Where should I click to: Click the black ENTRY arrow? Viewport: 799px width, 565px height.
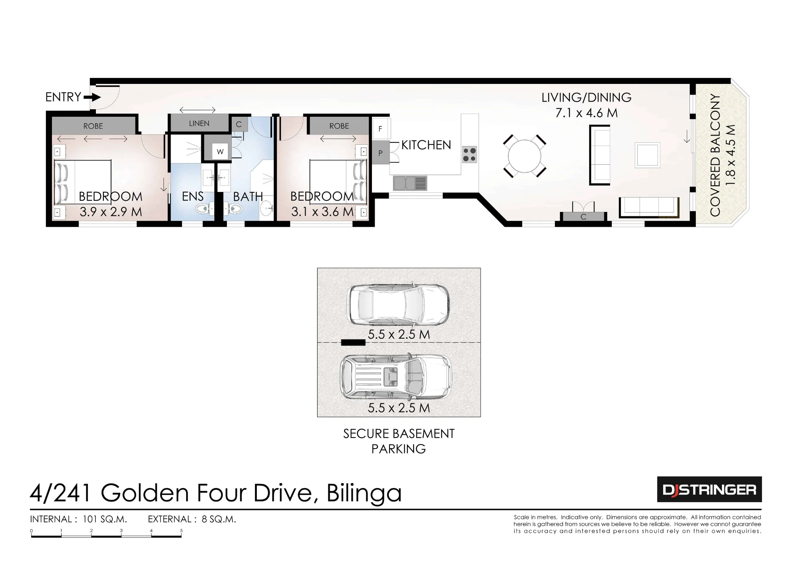92,97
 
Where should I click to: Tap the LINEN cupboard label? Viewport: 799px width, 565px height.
199,124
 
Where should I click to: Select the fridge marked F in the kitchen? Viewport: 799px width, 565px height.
380,129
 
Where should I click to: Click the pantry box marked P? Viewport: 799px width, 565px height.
381,153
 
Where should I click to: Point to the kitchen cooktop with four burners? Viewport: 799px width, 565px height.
469,154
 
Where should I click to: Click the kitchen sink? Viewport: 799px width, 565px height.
410,183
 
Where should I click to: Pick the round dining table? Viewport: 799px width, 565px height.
524,155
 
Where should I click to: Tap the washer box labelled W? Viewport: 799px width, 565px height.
220,152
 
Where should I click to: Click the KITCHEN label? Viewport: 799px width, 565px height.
426,145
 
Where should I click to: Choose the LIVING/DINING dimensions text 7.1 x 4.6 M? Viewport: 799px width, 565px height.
586,113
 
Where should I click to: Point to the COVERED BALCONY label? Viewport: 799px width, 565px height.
715,155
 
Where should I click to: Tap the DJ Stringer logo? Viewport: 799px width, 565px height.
710,489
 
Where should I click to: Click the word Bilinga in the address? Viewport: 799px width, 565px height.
364,493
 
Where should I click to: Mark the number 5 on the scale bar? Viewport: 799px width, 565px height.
181,531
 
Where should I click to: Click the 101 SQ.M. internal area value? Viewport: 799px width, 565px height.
105,519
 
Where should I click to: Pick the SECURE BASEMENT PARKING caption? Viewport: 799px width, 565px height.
399,441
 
